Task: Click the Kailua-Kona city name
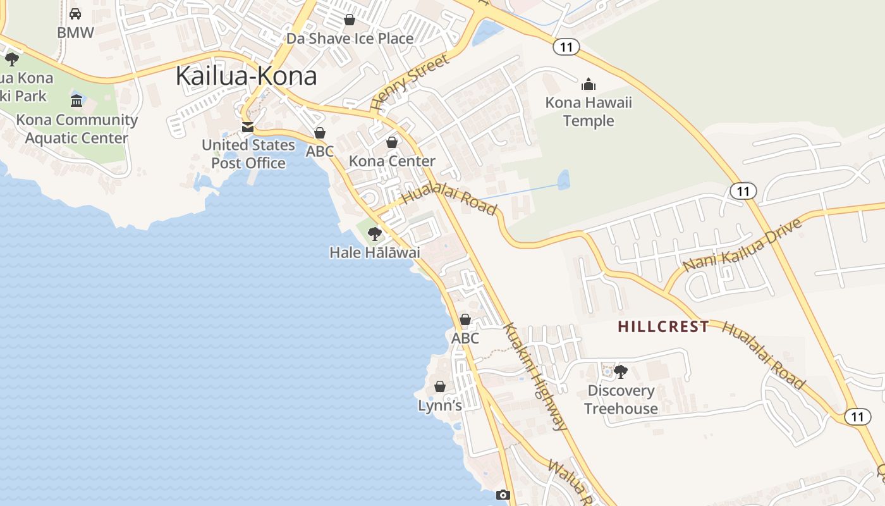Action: pos(246,76)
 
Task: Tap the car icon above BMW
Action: pos(75,14)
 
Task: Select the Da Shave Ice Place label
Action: pos(350,39)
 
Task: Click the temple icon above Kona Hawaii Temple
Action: pos(589,84)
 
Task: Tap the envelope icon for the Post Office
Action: pos(248,127)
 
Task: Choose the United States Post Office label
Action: pos(248,154)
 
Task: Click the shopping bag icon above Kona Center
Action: pos(392,142)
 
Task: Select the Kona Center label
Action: pos(392,161)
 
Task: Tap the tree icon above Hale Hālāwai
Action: pos(375,234)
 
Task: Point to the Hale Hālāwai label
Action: pos(375,252)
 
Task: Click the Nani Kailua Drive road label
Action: pos(743,245)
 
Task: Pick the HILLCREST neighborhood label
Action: pos(663,326)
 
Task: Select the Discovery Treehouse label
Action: pos(621,399)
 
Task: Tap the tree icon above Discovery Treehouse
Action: pos(621,371)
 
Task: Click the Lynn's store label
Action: pos(440,405)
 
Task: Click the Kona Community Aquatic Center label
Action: pos(76,128)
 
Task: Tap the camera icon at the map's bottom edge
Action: pos(503,495)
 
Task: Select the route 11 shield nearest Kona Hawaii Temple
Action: pos(566,46)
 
